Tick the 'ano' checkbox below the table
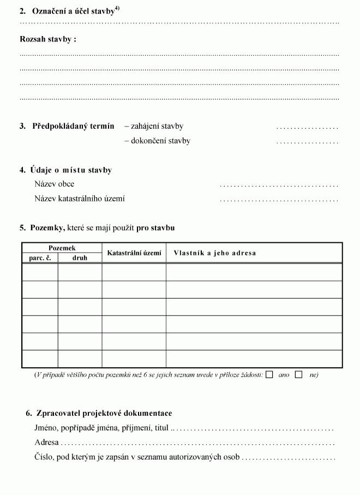[x=269, y=375]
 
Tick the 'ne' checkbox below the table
[x=299, y=375]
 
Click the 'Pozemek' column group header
[x=62, y=248]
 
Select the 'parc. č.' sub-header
[x=40, y=258]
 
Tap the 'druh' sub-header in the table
[x=80, y=258]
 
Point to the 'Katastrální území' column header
[x=134, y=253]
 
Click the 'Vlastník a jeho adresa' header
[x=214, y=253]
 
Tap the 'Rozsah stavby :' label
[x=48, y=39]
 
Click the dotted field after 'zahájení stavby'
[x=307, y=127]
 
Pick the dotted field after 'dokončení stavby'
[x=307, y=141]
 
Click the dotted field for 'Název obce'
[x=279, y=185]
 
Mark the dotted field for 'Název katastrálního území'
[x=279, y=200]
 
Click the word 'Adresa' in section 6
[x=46, y=442]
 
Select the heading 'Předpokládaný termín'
[x=73, y=126]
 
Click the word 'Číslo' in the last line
[x=43, y=457]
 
